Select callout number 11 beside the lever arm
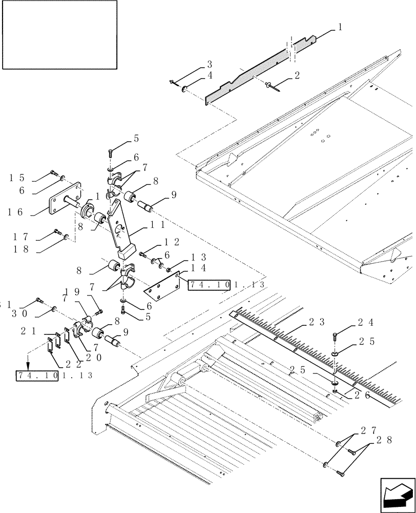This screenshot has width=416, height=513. (158, 224)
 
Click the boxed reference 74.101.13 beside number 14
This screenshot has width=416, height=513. (226, 284)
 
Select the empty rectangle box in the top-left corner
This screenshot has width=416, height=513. (59, 34)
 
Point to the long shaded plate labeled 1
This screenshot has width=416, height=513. (256, 74)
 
